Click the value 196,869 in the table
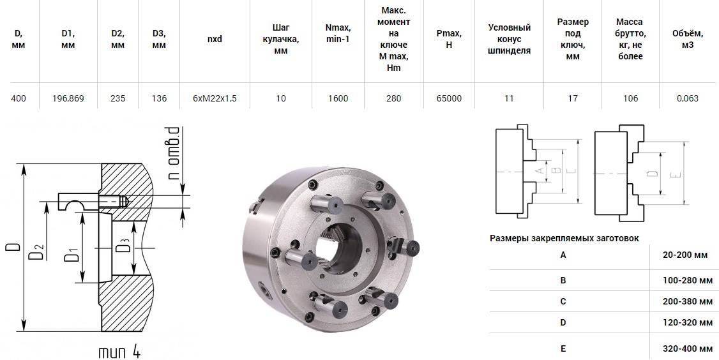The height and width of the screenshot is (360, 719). tap(68, 98)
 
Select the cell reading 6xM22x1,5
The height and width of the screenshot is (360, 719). tap(215, 98)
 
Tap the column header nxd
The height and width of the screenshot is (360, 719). tap(215, 39)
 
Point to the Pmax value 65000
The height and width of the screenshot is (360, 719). tap(449, 98)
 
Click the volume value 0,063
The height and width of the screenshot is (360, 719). tap(687, 98)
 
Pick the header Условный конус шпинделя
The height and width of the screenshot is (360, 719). tap(509, 39)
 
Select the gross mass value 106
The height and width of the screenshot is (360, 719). tap(630, 98)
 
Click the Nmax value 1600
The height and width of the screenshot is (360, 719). tap(338, 98)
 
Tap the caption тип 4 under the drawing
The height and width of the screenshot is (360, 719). tap(119, 352)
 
